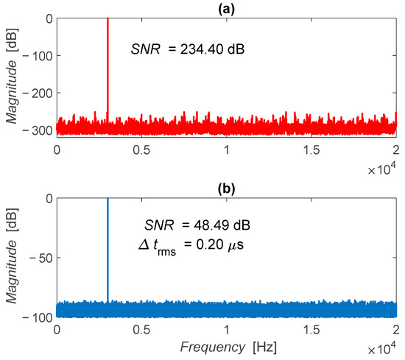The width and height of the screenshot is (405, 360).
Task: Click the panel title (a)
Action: point(226,8)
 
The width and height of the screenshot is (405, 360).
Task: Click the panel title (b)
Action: point(226,188)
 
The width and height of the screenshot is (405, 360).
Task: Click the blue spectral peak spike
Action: point(108,243)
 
